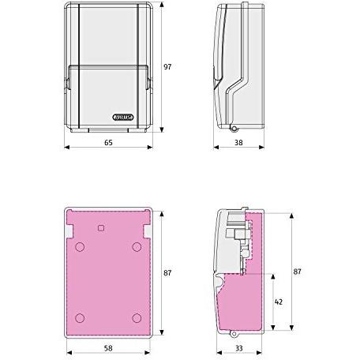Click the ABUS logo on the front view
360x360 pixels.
pyautogui.click(x=123, y=117)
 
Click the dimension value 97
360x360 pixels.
pyautogui.click(x=167, y=67)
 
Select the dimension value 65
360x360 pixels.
pyautogui.click(x=108, y=143)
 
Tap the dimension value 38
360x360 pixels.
pyautogui.click(x=238, y=143)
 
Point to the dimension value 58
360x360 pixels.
pyautogui.click(x=108, y=348)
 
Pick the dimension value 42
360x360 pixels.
pyautogui.click(x=279, y=302)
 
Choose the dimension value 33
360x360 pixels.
pyautogui.click(x=239, y=348)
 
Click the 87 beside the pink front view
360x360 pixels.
pyautogui.click(x=167, y=273)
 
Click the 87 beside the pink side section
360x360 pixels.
pyautogui.click(x=297, y=272)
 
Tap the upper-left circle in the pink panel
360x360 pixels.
pyautogui.click(x=80, y=247)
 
